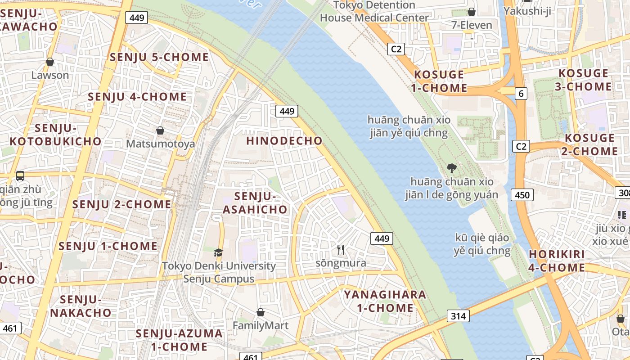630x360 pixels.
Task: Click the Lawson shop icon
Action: coord(50,62)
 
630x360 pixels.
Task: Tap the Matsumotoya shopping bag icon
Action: coord(160,130)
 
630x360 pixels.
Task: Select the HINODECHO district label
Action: coord(284,140)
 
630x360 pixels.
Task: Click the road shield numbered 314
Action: coord(458,316)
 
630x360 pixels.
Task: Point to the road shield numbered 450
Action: coord(522,195)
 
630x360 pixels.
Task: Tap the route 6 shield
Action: coord(521,94)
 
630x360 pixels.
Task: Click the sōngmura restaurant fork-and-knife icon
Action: coord(341,249)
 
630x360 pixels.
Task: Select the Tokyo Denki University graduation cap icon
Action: coord(218,252)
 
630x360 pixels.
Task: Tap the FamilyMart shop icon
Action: coord(260,312)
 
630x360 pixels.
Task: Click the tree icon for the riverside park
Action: coord(451,168)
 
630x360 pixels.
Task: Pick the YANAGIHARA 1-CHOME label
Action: coord(385,301)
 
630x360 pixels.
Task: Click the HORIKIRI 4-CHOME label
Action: coord(557,261)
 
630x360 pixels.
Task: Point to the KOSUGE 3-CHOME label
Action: coord(583,80)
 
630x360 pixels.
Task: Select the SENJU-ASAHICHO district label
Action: coord(255,202)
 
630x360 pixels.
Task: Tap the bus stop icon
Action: coord(20,176)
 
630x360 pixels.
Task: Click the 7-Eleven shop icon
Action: coord(472,12)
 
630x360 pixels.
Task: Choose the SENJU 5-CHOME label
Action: coord(159,57)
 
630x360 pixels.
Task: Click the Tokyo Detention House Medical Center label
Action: coord(374,12)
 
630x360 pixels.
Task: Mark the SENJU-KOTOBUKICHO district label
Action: coord(56,135)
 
